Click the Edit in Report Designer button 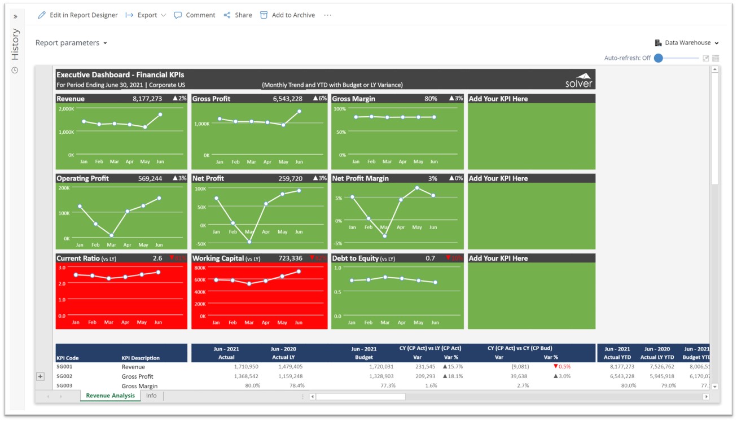[x=78, y=15]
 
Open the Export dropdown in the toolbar [x=146, y=15]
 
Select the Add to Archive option [x=287, y=15]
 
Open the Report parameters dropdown [x=71, y=43]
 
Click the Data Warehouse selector [x=687, y=43]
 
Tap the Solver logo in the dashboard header [x=579, y=80]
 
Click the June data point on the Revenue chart [x=160, y=115]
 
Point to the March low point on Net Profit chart [x=249, y=242]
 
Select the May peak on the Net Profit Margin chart [x=417, y=188]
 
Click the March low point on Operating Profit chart [x=112, y=235]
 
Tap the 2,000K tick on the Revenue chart [x=67, y=108]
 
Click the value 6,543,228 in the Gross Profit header [x=287, y=99]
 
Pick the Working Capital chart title [x=218, y=258]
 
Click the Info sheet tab [x=151, y=396]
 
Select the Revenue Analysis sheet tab [x=111, y=396]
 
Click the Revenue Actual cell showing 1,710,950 [x=244, y=367]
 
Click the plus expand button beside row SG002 [x=40, y=376]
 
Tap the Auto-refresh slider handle [x=658, y=58]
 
